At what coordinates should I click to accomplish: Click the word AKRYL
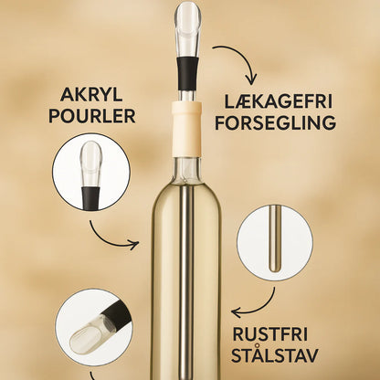[x=91, y=94]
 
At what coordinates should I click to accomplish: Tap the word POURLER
[x=92, y=116]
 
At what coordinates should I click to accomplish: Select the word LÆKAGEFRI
[x=278, y=102]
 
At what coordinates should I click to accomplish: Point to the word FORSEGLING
[x=276, y=122]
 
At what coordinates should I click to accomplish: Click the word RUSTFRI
[x=270, y=334]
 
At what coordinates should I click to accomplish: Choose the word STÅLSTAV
[x=275, y=354]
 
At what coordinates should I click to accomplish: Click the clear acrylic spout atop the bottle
[x=187, y=29]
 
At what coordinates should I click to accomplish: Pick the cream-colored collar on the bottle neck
[x=186, y=130]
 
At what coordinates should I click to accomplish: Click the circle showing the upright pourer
[x=91, y=172]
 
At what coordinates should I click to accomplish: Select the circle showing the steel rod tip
[x=275, y=243]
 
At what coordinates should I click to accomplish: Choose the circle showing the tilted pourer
[x=94, y=328]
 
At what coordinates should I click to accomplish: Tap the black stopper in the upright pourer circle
[x=90, y=198]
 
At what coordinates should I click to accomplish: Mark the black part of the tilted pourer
[x=118, y=313]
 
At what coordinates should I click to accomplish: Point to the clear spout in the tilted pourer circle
[x=89, y=334]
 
